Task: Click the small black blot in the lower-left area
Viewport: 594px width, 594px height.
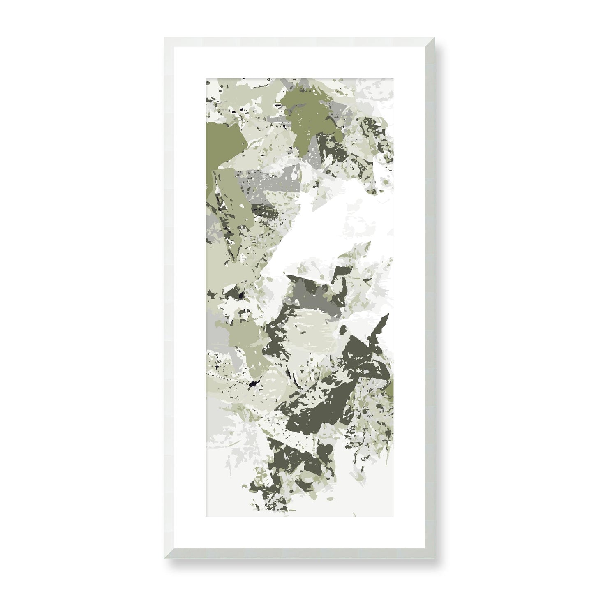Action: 252,385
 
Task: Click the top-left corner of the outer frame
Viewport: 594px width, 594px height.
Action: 165,37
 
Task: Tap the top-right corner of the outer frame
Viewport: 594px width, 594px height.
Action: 429,37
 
